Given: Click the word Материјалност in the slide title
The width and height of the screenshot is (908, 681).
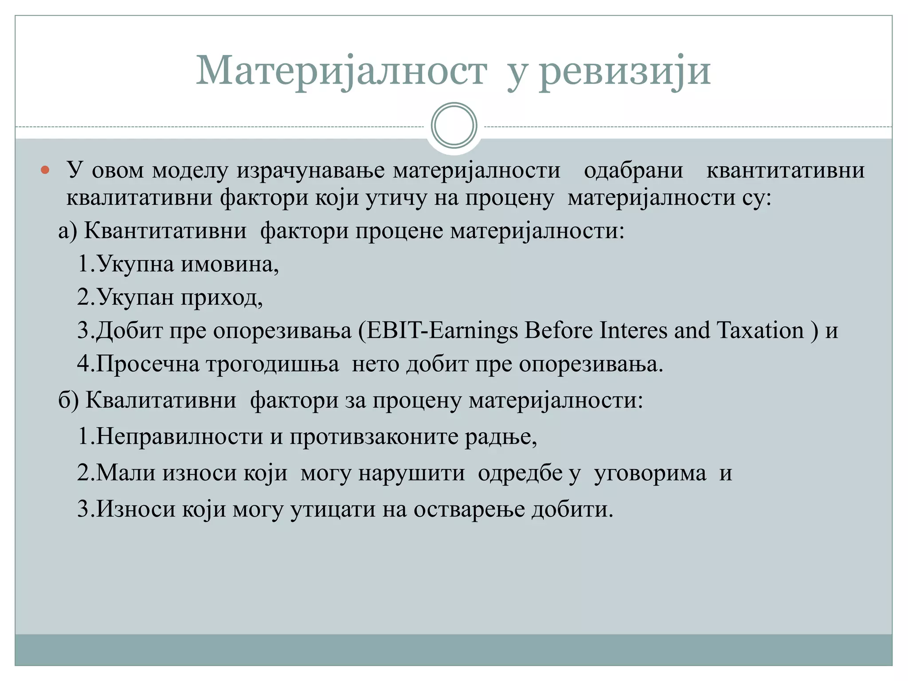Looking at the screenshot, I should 341,71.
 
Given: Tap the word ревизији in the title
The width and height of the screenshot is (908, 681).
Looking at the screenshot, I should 625,71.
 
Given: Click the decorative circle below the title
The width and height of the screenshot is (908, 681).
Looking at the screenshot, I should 454,125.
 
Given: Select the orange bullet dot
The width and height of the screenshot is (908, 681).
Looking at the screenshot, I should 45,170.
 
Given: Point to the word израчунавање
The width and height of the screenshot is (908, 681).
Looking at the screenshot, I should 310,171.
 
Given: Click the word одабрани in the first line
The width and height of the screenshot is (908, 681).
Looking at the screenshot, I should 633,171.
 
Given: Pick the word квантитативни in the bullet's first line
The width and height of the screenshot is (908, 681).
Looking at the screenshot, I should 785,171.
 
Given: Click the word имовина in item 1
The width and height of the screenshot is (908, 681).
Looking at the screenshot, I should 230,264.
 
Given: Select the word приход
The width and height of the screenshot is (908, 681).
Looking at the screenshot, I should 221,297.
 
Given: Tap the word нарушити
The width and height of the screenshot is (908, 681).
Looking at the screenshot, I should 411,473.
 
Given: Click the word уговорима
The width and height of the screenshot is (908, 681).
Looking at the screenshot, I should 650,473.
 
